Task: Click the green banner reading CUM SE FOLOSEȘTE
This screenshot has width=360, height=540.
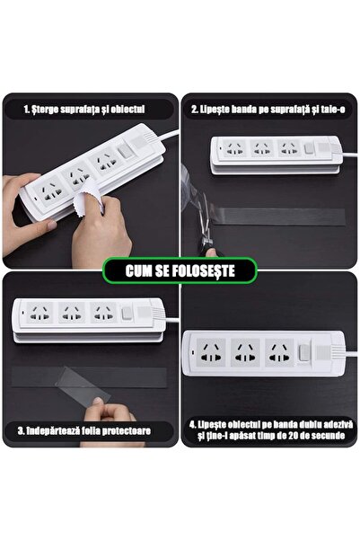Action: [x=180, y=270]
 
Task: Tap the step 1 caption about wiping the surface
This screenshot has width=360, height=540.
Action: [x=86, y=111]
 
